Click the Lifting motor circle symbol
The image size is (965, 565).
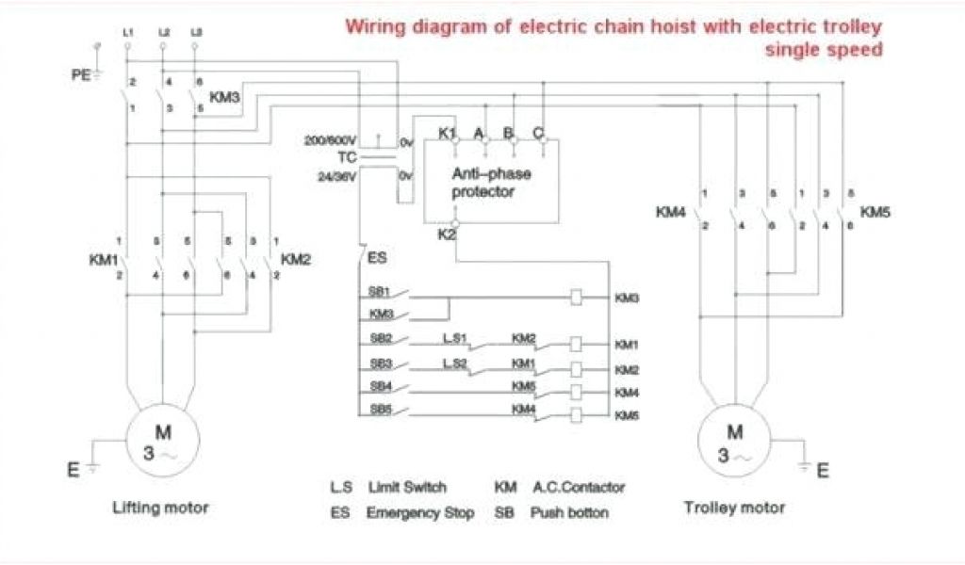point(163,442)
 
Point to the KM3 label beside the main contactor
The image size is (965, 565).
point(224,96)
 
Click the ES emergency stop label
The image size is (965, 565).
point(376,256)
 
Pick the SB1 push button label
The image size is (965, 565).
point(382,291)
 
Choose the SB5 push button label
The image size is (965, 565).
point(382,409)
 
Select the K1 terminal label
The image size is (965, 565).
point(447,133)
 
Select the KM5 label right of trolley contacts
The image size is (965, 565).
point(875,212)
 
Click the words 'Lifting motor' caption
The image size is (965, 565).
point(160,508)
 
